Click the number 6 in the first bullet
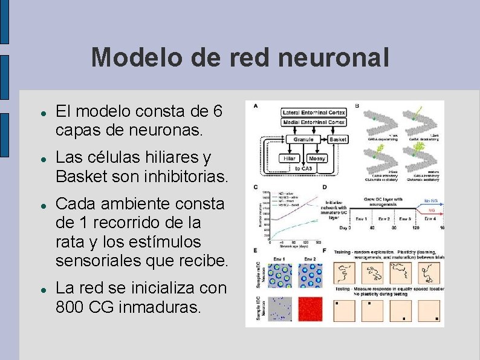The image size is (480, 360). coord(218,112)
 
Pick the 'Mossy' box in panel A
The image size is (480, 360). coord(317,158)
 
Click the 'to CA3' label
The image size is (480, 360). coord(303,168)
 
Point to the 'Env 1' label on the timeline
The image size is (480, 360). coord(362,218)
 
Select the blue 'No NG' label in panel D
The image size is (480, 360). coord(430,201)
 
